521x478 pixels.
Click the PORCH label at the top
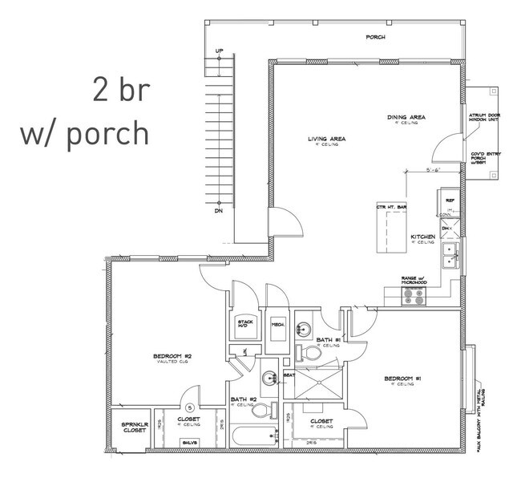click(x=376, y=37)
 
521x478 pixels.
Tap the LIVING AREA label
click(x=326, y=140)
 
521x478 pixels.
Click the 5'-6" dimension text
click(x=433, y=170)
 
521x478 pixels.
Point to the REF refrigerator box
click(x=450, y=201)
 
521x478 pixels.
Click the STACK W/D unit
click(x=245, y=325)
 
